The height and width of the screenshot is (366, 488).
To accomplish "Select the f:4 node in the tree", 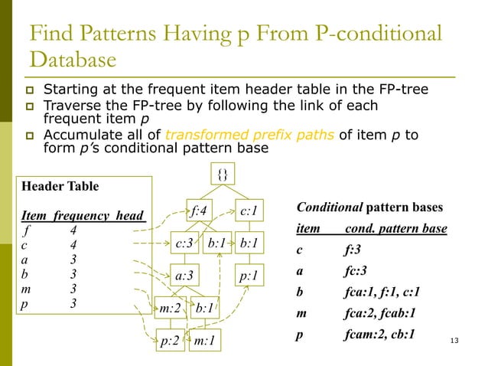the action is point(199,210).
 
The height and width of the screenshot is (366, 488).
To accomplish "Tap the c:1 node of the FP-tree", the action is point(249,210).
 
